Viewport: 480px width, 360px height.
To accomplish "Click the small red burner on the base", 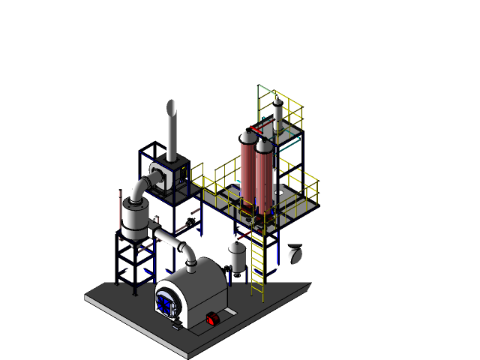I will (212, 319).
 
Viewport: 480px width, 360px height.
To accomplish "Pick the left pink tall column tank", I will (247, 170).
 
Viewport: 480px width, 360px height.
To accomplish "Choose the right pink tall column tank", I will (263, 178).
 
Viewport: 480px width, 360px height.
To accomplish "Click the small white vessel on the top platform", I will (277, 113).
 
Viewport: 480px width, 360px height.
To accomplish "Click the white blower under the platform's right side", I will (295, 253).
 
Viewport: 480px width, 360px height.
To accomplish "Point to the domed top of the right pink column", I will (263, 144).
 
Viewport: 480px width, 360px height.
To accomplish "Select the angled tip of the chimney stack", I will (172, 105).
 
